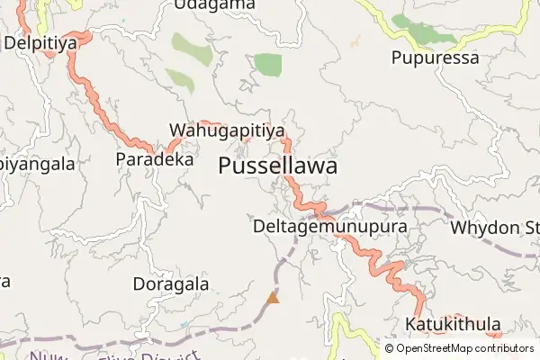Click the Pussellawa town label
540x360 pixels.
pyautogui.click(x=278, y=166)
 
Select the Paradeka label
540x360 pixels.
pyautogui.click(x=155, y=158)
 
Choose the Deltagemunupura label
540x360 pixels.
pyautogui.click(x=330, y=226)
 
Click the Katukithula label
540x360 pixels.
pyautogui.click(x=453, y=323)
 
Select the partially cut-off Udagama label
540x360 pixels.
pyautogui.click(x=214, y=5)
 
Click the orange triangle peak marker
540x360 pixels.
pyautogui.click(x=273, y=296)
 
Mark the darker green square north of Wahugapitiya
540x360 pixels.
pyautogui.click(x=267, y=64)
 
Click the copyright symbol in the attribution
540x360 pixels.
pyautogui.click(x=390, y=347)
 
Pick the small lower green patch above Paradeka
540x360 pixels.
pyautogui.click(x=180, y=79)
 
